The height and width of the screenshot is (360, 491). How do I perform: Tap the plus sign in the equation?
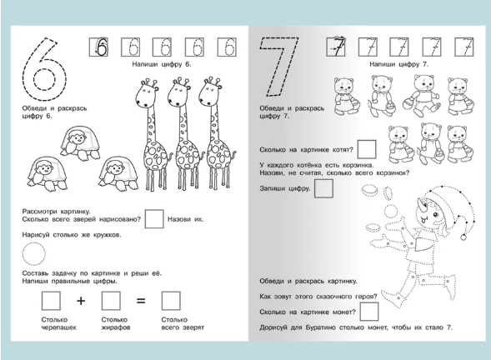pyautogui.click(x=81, y=301)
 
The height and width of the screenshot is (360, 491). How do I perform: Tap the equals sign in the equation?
pyautogui.click(x=141, y=301)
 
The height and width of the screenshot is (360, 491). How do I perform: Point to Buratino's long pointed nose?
pyautogui.click(x=421, y=204)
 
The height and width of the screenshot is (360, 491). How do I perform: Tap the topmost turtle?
pyautogui.click(x=81, y=143)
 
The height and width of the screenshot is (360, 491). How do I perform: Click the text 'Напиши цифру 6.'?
pyautogui.click(x=161, y=64)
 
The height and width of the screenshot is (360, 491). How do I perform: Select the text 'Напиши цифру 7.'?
pyautogui.click(x=398, y=64)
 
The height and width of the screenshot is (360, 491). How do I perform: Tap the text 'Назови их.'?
pyautogui.click(x=185, y=219)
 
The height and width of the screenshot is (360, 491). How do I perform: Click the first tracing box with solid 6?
pyautogui.click(x=99, y=47)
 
